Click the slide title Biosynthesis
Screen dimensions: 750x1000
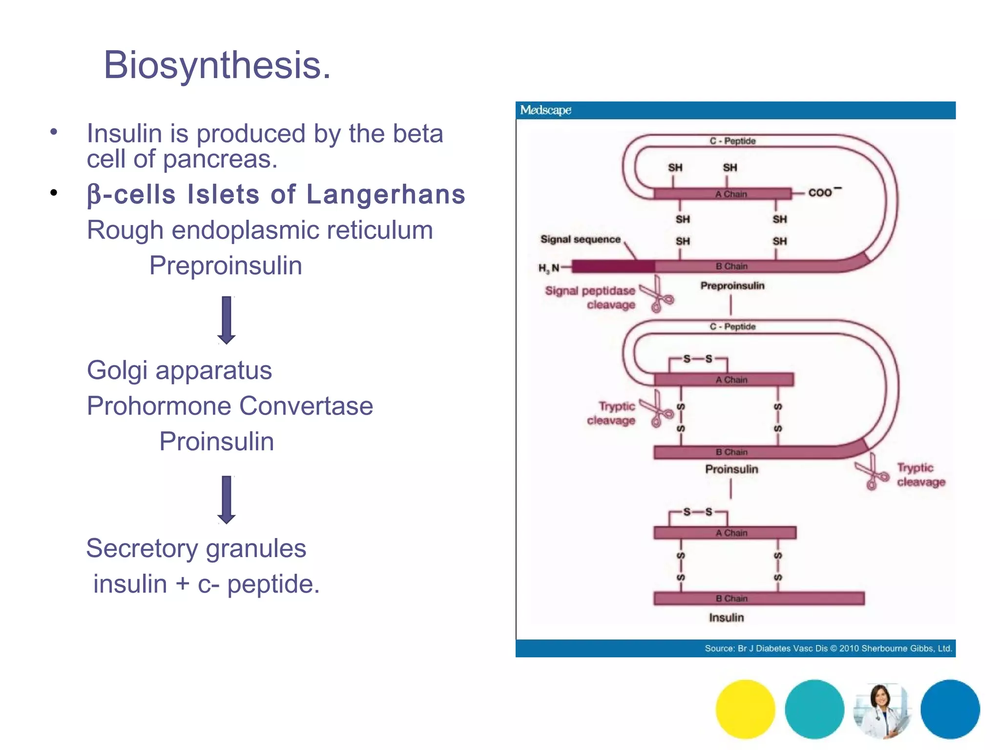pos(217,65)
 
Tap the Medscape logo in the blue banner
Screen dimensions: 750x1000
pos(545,110)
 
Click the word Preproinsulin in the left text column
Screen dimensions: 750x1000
pos(226,266)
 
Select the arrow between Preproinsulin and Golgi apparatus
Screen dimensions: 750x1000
pos(227,320)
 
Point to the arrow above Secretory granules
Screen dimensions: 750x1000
pos(227,500)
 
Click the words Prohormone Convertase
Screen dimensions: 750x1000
pos(229,406)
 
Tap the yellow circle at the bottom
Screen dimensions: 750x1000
pos(745,709)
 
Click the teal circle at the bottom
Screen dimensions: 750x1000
pos(814,709)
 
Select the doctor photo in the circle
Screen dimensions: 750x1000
pos(882,710)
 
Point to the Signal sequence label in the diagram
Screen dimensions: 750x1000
pos(580,239)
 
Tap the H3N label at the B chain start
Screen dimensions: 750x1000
pos(549,268)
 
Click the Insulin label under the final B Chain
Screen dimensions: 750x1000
pos(726,618)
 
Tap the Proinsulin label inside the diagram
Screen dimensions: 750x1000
pos(731,469)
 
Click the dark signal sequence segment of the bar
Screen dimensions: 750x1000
pos(613,267)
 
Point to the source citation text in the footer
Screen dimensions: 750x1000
pos(828,648)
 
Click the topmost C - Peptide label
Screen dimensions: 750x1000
pos(732,141)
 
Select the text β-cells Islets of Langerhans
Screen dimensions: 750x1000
pos(276,194)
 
